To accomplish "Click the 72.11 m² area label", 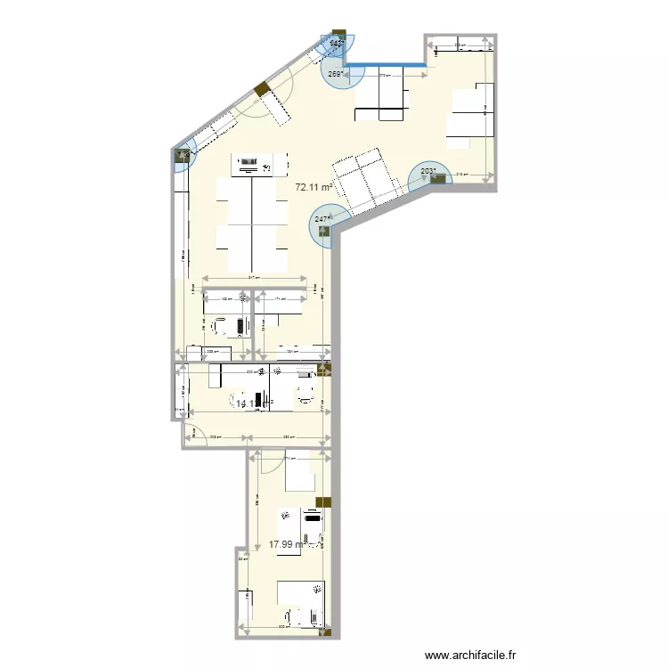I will coord(314,188).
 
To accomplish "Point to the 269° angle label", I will coord(336,75).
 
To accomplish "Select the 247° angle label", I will coord(322,217).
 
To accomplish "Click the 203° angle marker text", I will coord(428,172).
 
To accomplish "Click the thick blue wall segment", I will coord(384,65).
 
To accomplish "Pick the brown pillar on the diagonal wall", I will coord(261,90).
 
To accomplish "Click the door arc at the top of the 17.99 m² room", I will coord(264,460).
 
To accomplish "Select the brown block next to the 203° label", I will coord(437,179).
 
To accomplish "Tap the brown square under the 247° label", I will coord(322,232).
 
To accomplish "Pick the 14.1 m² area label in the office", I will coord(247,403).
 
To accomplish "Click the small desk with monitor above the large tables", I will coord(259,164).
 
